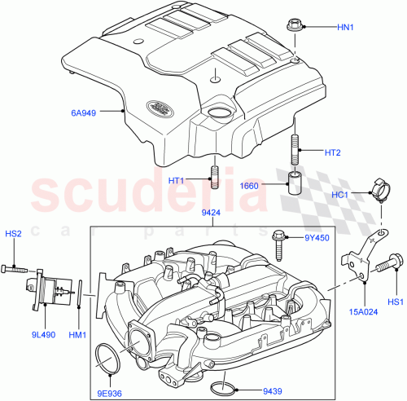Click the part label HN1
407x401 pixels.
(x=347, y=27)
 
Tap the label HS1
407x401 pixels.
(x=394, y=302)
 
